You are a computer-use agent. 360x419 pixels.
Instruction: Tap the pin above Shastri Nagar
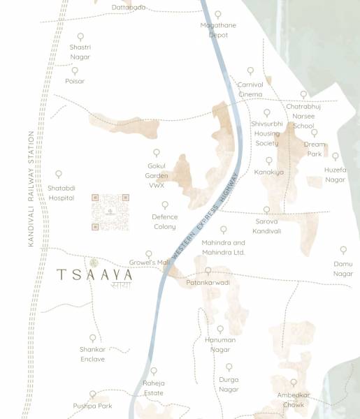80,36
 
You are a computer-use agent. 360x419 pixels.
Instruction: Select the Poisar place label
75,81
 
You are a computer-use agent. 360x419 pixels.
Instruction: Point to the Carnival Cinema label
250,89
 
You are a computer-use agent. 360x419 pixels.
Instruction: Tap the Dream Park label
315,149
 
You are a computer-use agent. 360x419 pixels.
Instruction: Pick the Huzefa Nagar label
336,175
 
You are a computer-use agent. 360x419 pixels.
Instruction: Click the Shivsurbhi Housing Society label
266,133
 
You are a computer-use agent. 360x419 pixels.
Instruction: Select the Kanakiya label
269,171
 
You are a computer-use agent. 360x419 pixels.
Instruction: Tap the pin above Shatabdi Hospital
59,175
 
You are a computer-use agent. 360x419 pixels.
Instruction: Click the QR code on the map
110,212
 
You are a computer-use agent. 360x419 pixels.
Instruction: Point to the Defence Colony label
165,221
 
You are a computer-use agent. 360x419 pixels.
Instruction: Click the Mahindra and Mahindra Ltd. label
223,247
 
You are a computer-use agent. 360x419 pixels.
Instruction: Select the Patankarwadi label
208,282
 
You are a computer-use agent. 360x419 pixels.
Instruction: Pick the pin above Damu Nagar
343,249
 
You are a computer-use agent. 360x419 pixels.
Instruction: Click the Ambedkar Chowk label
294,399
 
